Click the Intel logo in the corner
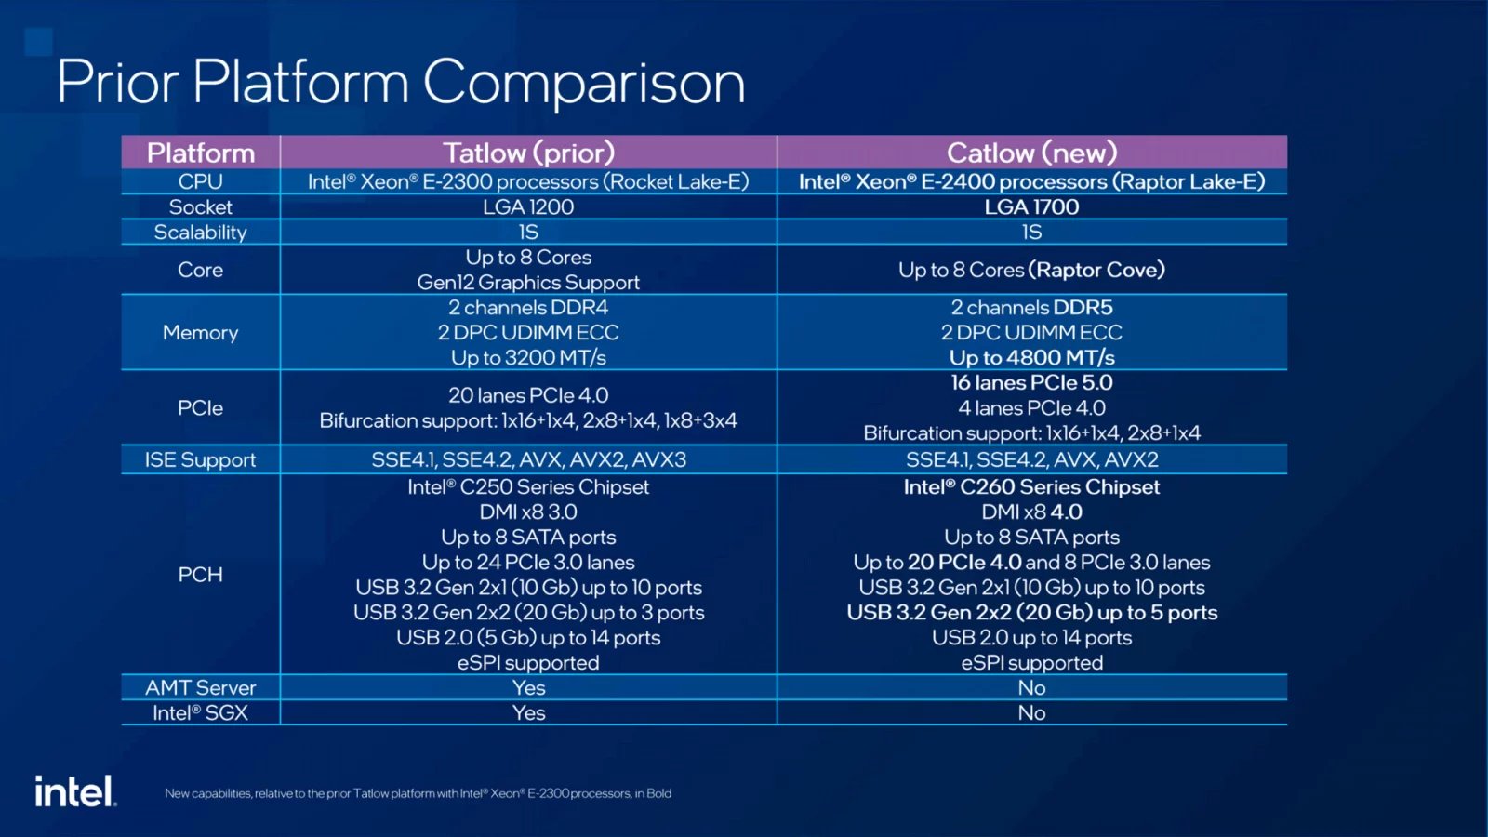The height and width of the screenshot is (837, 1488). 75,790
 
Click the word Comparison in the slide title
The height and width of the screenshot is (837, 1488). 584,83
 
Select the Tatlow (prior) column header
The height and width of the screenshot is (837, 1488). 528,153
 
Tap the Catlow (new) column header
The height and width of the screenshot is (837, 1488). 1031,153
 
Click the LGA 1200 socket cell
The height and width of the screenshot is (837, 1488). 528,207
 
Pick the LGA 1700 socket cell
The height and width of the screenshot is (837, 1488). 1031,207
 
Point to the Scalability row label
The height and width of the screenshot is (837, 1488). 200,232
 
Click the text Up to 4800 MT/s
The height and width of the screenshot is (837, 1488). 1031,358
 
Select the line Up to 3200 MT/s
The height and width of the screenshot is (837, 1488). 528,358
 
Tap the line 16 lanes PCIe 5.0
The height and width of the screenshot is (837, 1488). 1031,383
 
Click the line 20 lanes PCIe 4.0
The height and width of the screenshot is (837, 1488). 528,395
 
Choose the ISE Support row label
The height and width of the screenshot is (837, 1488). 200,459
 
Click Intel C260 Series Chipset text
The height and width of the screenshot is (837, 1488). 1031,487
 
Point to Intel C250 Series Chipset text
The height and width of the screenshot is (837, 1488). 528,487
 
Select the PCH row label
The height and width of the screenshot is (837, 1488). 200,575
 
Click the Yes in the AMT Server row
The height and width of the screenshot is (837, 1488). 528,688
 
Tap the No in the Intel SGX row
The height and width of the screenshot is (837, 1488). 1031,713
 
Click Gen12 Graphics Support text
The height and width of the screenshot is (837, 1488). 528,283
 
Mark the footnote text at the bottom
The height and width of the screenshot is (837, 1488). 418,793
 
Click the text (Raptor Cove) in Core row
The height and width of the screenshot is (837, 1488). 1096,271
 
